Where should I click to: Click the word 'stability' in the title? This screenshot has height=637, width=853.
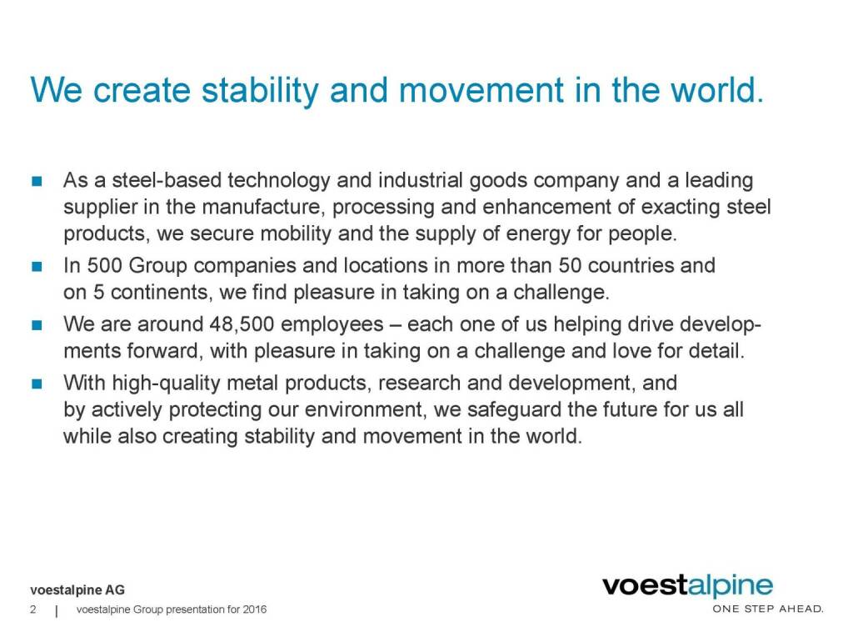coord(260,91)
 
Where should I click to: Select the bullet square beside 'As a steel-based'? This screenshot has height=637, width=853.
coord(37,181)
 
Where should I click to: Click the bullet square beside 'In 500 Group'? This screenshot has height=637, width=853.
coord(37,266)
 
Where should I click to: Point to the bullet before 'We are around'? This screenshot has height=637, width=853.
coord(37,325)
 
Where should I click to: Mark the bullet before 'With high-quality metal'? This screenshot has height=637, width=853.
coord(37,384)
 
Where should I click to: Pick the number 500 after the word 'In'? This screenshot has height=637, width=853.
coord(104,266)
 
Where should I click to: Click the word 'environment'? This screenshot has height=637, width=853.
coord(364,410)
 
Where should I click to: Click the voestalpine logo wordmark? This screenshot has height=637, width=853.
coord(687,586)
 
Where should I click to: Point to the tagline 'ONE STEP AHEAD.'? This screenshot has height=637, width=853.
coord(768,609)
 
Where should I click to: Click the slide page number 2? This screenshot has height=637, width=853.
coord(33,609)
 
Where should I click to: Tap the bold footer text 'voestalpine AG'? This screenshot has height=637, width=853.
coord(77,590)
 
